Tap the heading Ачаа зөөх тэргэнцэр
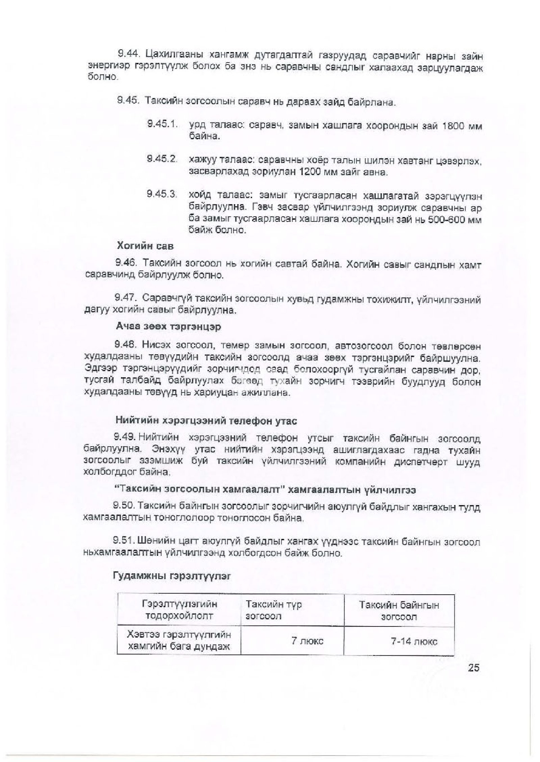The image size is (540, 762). tap(168, 327)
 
